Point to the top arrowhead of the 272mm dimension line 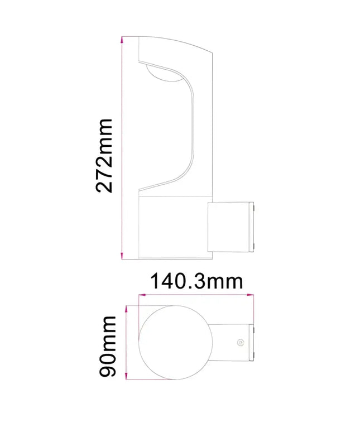click(122, 40)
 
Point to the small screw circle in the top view click(240, 342)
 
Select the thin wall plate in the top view click(252, 342)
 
